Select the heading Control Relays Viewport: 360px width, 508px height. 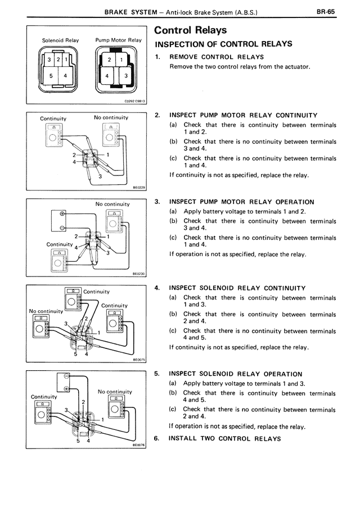point(190,30)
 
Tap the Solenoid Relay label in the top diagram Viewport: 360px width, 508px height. point(60,40)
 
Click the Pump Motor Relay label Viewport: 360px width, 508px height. point(118,40)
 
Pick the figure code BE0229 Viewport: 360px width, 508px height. point(139,189)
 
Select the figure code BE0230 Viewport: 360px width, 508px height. point(139,275)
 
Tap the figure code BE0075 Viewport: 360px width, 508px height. point(139,361)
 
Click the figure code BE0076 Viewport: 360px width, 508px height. point(139,444)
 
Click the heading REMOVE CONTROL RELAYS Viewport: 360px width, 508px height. point(217,57)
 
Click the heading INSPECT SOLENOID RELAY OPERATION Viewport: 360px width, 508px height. point(236,374)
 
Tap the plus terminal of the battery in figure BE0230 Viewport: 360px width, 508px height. point(61,214)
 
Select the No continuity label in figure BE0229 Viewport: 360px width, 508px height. point(111,117)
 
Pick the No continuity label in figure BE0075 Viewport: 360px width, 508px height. point(46,311)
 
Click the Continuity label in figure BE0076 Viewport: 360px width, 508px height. point(44,397)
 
